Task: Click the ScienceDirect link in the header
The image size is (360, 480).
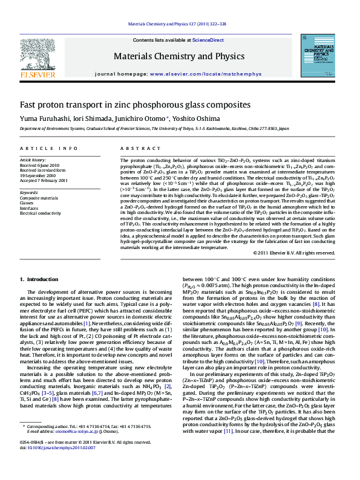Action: [x=208, y=40]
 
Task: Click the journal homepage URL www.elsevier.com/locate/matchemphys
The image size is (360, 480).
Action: [x=218, y=74]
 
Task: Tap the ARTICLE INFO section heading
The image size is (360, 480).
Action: [x=48, y=149]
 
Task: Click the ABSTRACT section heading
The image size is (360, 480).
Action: [x=133, y=149]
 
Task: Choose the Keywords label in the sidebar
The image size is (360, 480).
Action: [x=29, y=192]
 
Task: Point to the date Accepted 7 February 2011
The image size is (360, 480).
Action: [x=44, y=181]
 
